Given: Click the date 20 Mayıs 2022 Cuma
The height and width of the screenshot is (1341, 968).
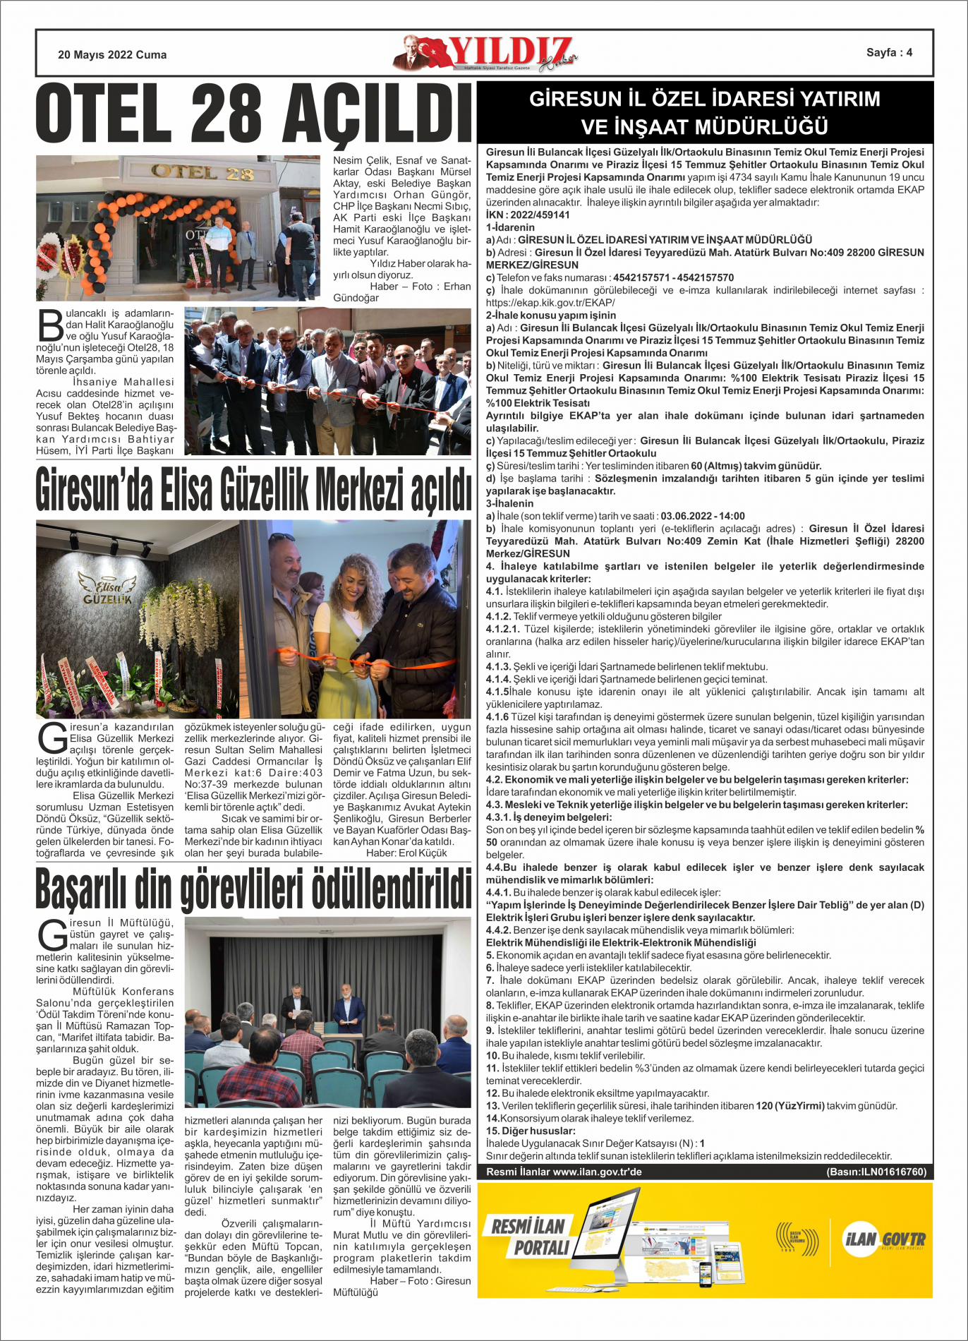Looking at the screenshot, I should coord(112,54).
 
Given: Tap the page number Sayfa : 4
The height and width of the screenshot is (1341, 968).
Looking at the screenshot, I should coord(889,52).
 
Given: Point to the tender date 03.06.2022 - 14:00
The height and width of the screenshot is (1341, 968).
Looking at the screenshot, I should coord(701,516).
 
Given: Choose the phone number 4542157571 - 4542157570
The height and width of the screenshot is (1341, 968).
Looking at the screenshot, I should coord(673,277).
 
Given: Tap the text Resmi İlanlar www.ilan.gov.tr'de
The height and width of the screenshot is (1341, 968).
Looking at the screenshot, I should coord(564,1172).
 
